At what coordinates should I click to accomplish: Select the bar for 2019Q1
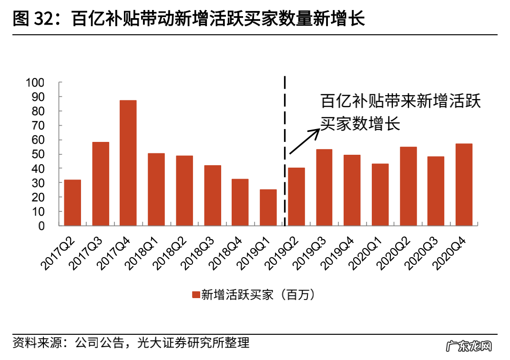point(268,208)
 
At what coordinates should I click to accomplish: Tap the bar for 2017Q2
point(72,203)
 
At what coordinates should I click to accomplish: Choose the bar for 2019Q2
point(296,197)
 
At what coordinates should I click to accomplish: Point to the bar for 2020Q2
point(408,186)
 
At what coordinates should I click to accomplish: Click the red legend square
point(195,295)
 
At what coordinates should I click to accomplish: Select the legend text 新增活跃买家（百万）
point(258,295)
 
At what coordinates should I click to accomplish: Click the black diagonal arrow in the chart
point(304,141)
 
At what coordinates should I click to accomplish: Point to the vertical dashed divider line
point(285,152)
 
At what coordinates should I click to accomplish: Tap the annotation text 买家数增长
point(360,125)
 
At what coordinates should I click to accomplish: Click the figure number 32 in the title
point(46,19)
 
